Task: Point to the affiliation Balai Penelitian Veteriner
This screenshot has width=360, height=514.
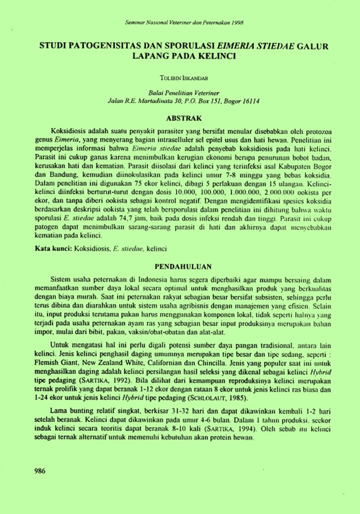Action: [x=181, y=92]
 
